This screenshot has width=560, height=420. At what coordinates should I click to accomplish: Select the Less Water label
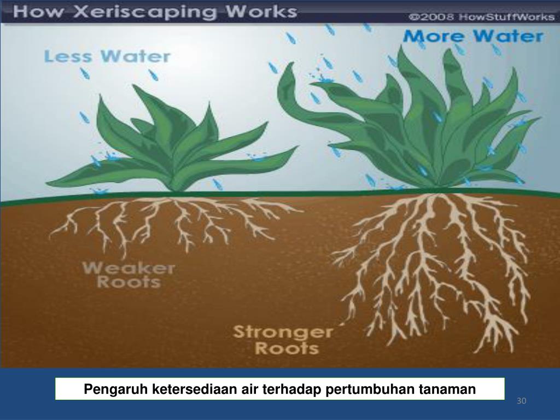coord(107,56)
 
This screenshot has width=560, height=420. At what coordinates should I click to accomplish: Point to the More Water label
coord(473,37)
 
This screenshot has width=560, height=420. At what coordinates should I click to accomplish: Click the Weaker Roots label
coord(129,275)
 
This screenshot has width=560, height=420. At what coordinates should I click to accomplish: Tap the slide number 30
coord(521,402)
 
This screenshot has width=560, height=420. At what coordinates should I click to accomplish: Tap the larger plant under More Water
coord(416,126)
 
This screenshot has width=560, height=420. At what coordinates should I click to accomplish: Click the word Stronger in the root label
coord(283,331)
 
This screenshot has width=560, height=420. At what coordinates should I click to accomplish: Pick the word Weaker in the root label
coord(129,268)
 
